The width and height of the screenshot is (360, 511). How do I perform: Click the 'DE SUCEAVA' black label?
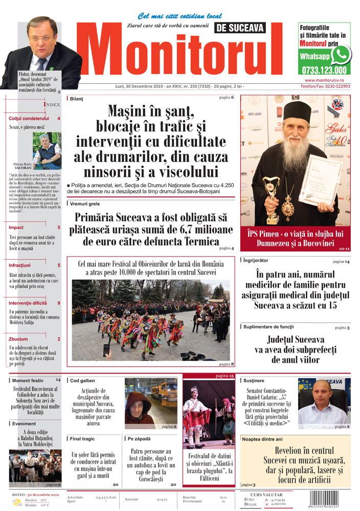coord(239,28)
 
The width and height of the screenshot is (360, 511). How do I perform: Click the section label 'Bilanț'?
coord(76,98)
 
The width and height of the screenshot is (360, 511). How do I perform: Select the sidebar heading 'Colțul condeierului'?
coord(29,119)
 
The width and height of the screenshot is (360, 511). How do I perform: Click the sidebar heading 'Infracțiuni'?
coord(20,265)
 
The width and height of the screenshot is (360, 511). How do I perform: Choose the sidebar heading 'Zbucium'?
coord(18,339)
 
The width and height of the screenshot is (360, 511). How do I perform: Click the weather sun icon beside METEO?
coord(18,503)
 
